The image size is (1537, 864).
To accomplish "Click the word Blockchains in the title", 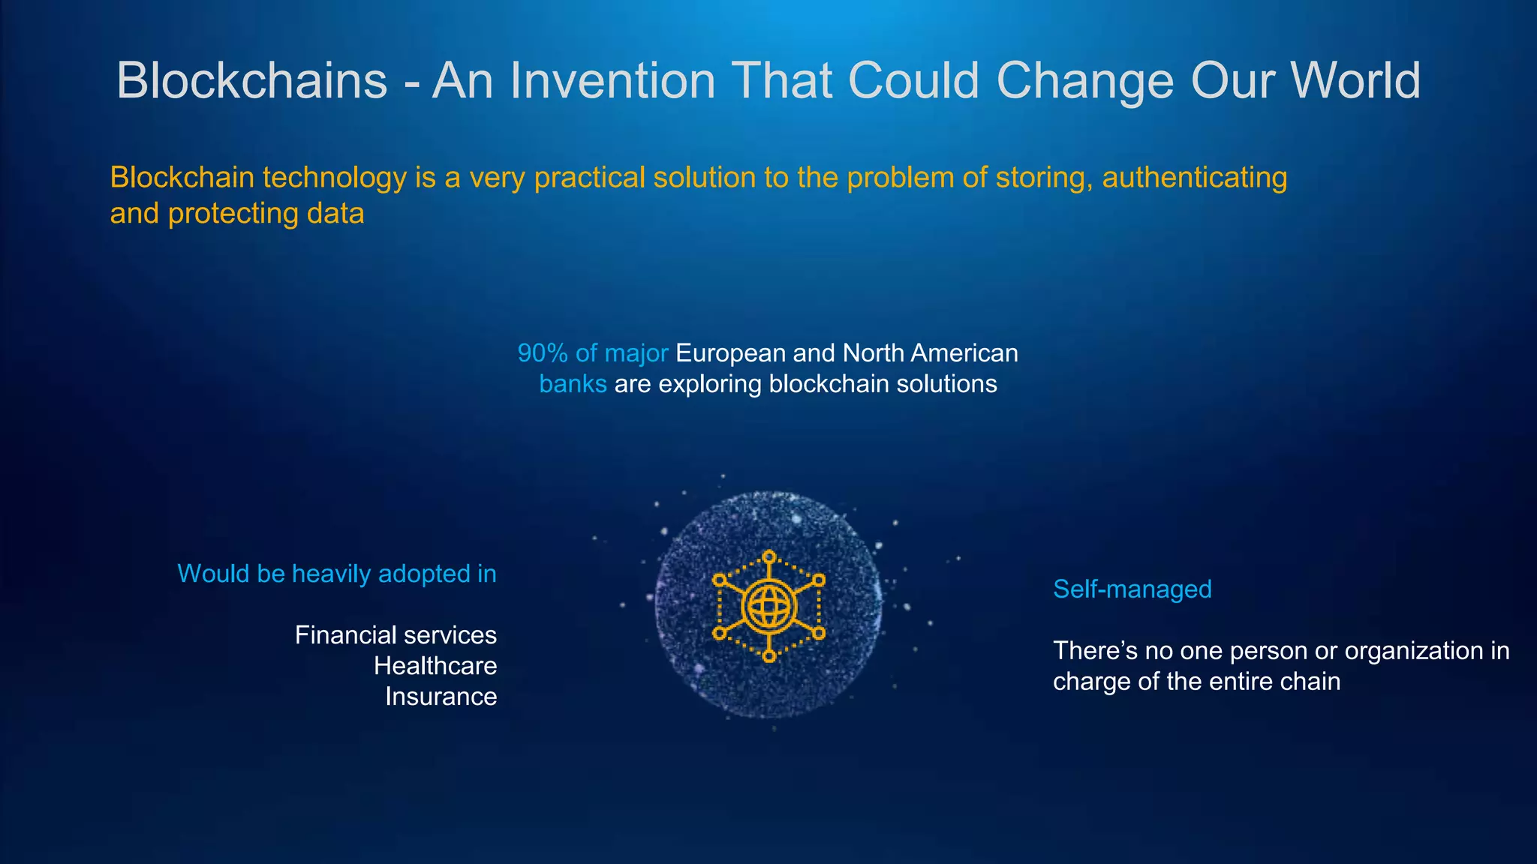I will [x=251, y=80].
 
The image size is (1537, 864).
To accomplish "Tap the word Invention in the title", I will [x=612, y=80].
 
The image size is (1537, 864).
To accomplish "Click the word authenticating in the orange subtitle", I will [x=1194, y=178].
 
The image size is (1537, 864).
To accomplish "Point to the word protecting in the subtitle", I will [x=233, y=214].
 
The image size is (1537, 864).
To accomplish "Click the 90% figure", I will [x=542, y=353].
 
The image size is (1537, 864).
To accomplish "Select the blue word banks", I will [x=573, y=384].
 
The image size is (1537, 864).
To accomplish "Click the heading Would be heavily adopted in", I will [x=337, y=574].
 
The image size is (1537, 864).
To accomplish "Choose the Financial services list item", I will [x=396, y=635].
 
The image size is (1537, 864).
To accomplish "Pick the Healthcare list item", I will [x=435, y=666].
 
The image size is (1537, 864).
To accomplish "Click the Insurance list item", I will [x=441, y=697].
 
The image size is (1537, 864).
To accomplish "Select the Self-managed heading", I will [x=1132, y=589].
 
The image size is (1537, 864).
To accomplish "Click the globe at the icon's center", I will [x=768, y=606].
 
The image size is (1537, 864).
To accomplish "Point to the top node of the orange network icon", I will [x=768, y=556].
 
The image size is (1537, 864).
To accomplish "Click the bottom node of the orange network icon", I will [x=768, y=656].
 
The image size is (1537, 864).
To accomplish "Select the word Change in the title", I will [x=1084, y=80].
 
